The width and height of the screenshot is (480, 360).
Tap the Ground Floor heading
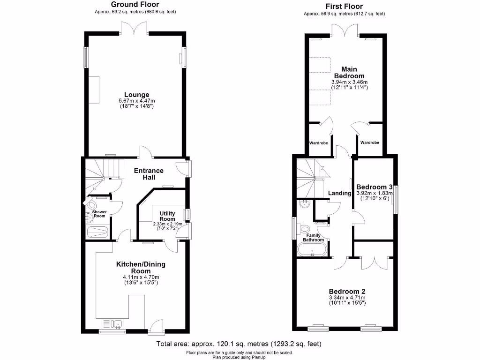pos(135,5)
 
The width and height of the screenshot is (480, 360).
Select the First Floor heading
pos(344,7)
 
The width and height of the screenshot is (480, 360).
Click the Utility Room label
pos(167,216)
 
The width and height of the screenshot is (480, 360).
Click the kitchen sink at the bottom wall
pos(112,323)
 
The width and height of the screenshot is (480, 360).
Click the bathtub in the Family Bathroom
pos(311,249)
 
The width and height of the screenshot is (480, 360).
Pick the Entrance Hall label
pos(149,174)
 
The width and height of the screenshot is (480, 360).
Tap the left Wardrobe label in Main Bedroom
pos(318,143)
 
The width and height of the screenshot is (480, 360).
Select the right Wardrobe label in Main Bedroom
pos(370,143)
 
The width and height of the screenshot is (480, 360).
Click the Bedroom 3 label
pos(373,186)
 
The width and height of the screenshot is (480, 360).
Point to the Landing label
pos(339,193)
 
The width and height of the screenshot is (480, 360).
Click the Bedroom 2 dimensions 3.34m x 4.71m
pos(347,297)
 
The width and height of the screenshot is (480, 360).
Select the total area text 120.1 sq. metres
pos(240,345)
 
